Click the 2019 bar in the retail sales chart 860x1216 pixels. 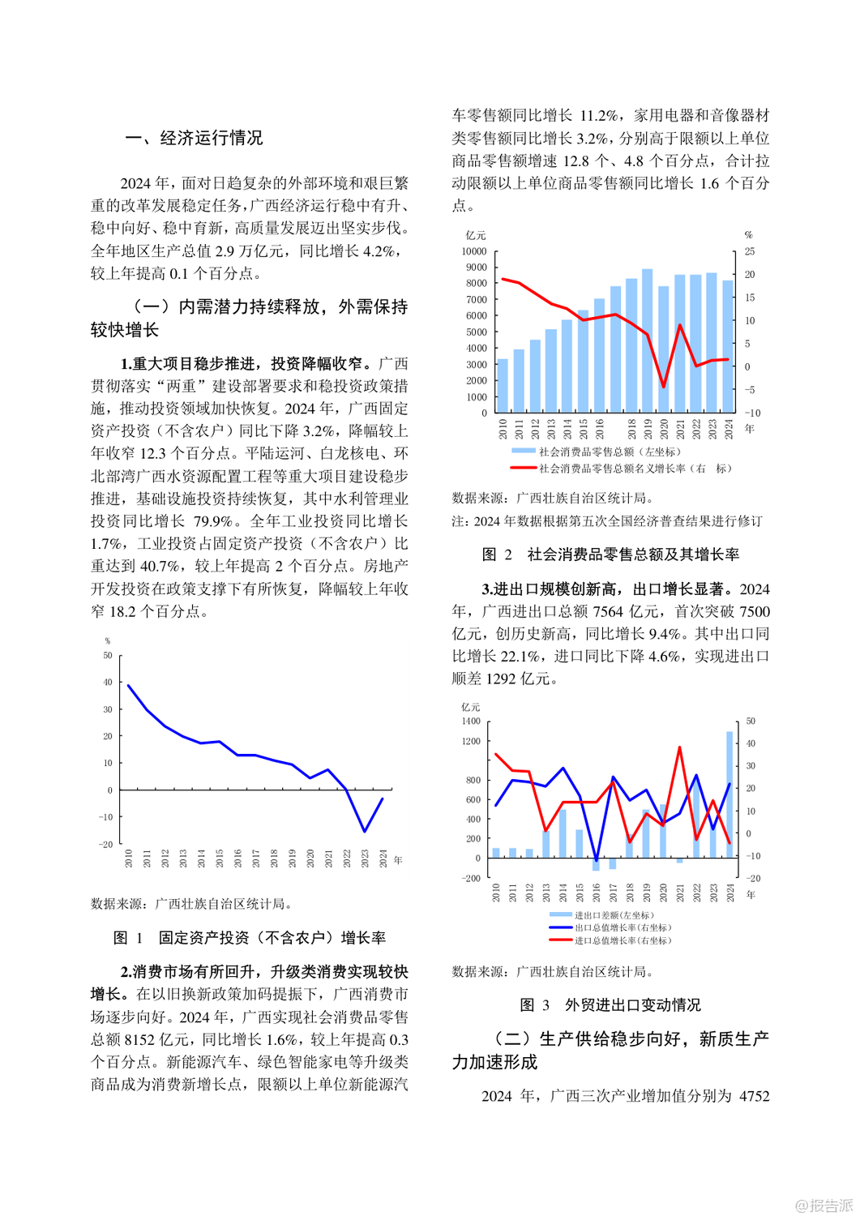[x=647, y=340]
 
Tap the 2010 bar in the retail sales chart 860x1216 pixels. [x=503, y=386]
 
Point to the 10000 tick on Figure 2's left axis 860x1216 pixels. [x=475, y=251]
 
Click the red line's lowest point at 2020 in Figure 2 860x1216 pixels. [x=664, y=387]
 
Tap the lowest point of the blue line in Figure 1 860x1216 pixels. [x=365, y=831]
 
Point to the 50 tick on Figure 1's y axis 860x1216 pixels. [x=108, y=655]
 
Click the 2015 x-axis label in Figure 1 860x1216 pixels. [x=220, y=858]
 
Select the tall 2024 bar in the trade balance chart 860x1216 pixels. [x=730, y=794]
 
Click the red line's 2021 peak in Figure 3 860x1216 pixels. [x=679, y=747]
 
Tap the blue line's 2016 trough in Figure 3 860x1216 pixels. [x=597, y=861]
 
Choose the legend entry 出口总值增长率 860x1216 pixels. [x=610, y=927]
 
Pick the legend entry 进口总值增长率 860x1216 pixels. [x=610, y=940]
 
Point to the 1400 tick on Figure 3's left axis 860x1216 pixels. [x=470, y=721]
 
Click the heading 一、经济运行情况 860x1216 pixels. [x=195, y=138]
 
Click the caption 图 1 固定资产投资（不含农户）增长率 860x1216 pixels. [x=250, y=938]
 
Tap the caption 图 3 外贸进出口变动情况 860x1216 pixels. [x=610, y=1005]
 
